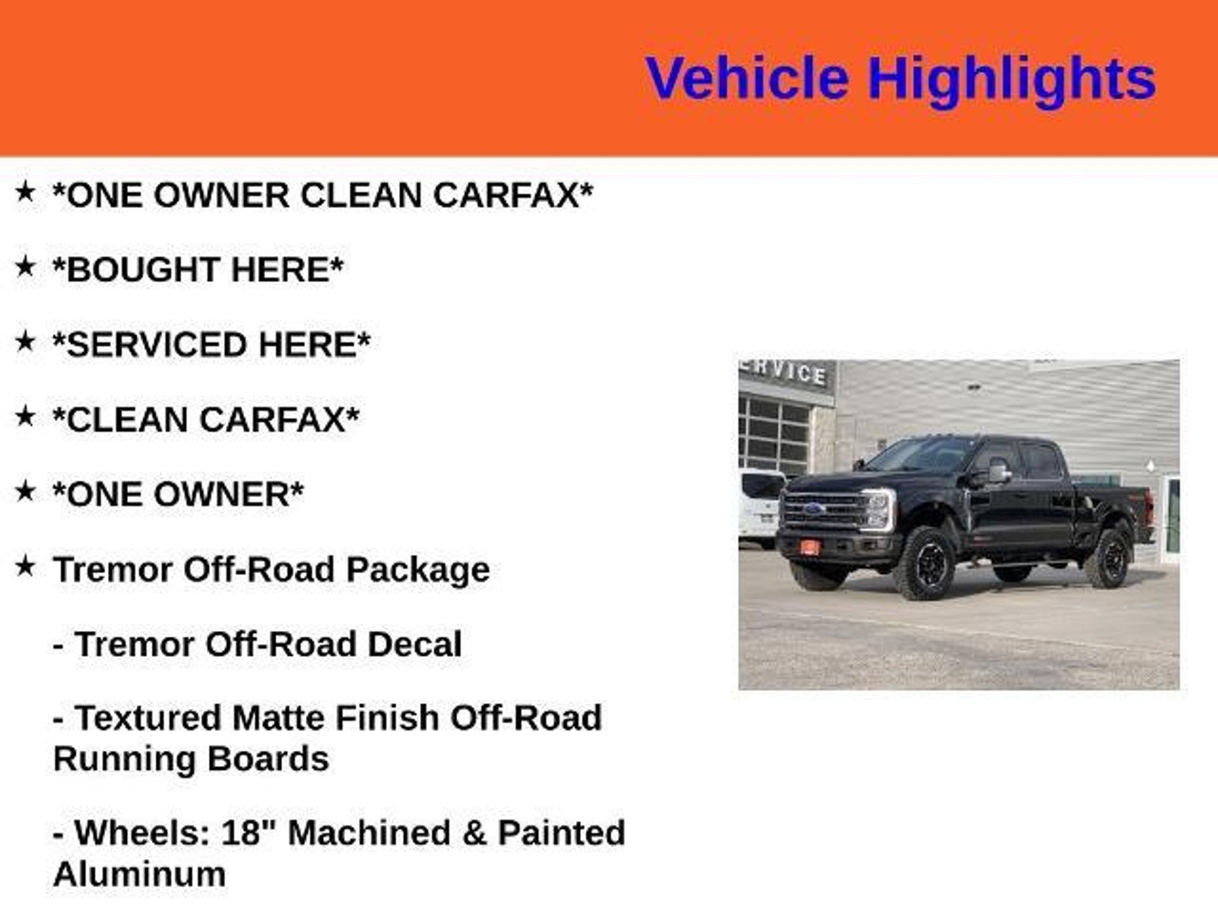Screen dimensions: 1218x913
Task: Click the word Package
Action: tap(418, 571)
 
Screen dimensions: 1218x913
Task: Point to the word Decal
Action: tap(415, 644)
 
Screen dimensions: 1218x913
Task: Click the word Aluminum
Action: tap(140, 874)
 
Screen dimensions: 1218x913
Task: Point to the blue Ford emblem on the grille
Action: tap(813, 509)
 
